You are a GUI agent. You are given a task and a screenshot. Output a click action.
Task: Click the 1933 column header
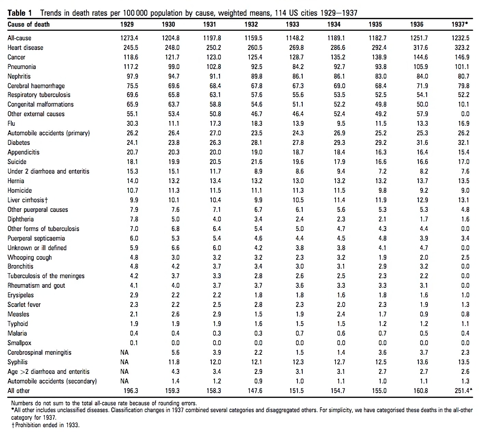(292, 24)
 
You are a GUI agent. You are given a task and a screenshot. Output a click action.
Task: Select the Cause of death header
(29, 24)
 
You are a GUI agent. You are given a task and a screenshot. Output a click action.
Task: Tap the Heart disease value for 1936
(421, 48)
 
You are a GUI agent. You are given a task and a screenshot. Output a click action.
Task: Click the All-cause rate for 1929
(129, 38)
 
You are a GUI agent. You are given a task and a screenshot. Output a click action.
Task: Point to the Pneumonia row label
(22, 67)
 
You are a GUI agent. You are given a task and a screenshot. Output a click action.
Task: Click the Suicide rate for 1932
(257, 162)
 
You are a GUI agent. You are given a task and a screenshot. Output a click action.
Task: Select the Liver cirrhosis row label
(28, 200)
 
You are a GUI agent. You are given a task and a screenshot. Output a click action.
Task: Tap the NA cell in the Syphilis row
(124, 362)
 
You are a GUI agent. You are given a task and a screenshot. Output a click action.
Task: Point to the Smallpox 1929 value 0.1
(134, 343)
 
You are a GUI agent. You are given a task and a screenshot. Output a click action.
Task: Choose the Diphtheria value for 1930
(176, 219)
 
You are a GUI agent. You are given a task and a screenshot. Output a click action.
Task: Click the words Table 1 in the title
(19, 13)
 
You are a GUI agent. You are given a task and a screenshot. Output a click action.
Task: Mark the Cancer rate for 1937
(462, 57)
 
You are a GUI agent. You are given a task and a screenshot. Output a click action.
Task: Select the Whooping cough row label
(30, 258)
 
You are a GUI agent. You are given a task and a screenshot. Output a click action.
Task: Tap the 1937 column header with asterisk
(460, 24)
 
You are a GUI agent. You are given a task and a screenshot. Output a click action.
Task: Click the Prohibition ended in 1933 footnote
(45, 425)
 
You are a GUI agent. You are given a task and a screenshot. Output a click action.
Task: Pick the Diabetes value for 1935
(381, 143)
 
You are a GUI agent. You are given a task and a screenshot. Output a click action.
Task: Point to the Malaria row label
(17, 333)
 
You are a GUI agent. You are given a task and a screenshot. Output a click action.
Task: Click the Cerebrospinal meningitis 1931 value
(217, 352)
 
